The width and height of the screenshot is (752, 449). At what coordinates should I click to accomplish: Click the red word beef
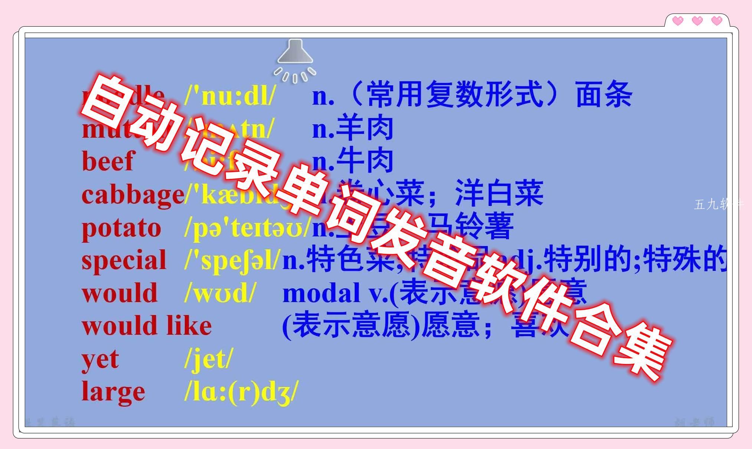107,161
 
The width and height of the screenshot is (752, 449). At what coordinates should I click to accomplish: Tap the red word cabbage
132,194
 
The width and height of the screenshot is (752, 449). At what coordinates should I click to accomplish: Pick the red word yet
100,359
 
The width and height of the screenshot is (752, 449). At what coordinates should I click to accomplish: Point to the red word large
113,392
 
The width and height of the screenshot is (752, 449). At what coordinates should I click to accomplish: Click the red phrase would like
147,326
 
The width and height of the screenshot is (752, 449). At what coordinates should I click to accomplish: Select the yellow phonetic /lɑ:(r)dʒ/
241,392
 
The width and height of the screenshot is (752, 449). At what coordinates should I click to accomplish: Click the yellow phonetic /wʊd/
220,293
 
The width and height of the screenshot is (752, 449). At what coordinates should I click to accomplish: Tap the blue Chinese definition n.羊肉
352,128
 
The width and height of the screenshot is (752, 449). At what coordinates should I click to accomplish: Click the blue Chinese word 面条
604,95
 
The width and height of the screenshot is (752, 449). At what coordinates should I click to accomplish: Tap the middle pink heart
697,21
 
